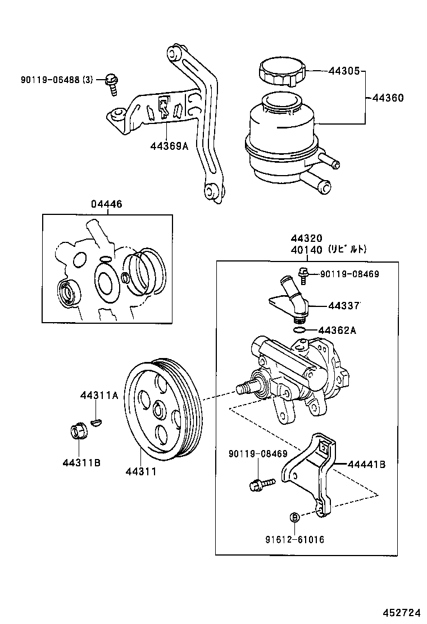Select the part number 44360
[x=388, y=98]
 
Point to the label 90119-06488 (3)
[x=48, y=79]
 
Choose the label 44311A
[x=99, y=396]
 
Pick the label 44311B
[x=81, y=463]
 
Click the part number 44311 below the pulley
[x=141, y=472]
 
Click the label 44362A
[x=337, y=331]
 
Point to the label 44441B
[x=366, y=464]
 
